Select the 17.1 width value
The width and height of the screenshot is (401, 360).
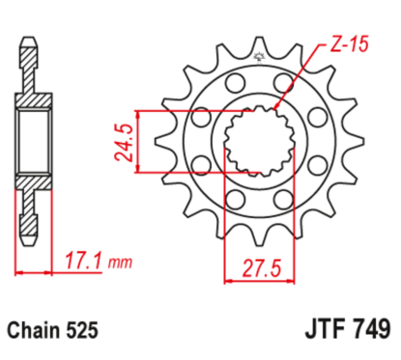click(83, 260)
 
